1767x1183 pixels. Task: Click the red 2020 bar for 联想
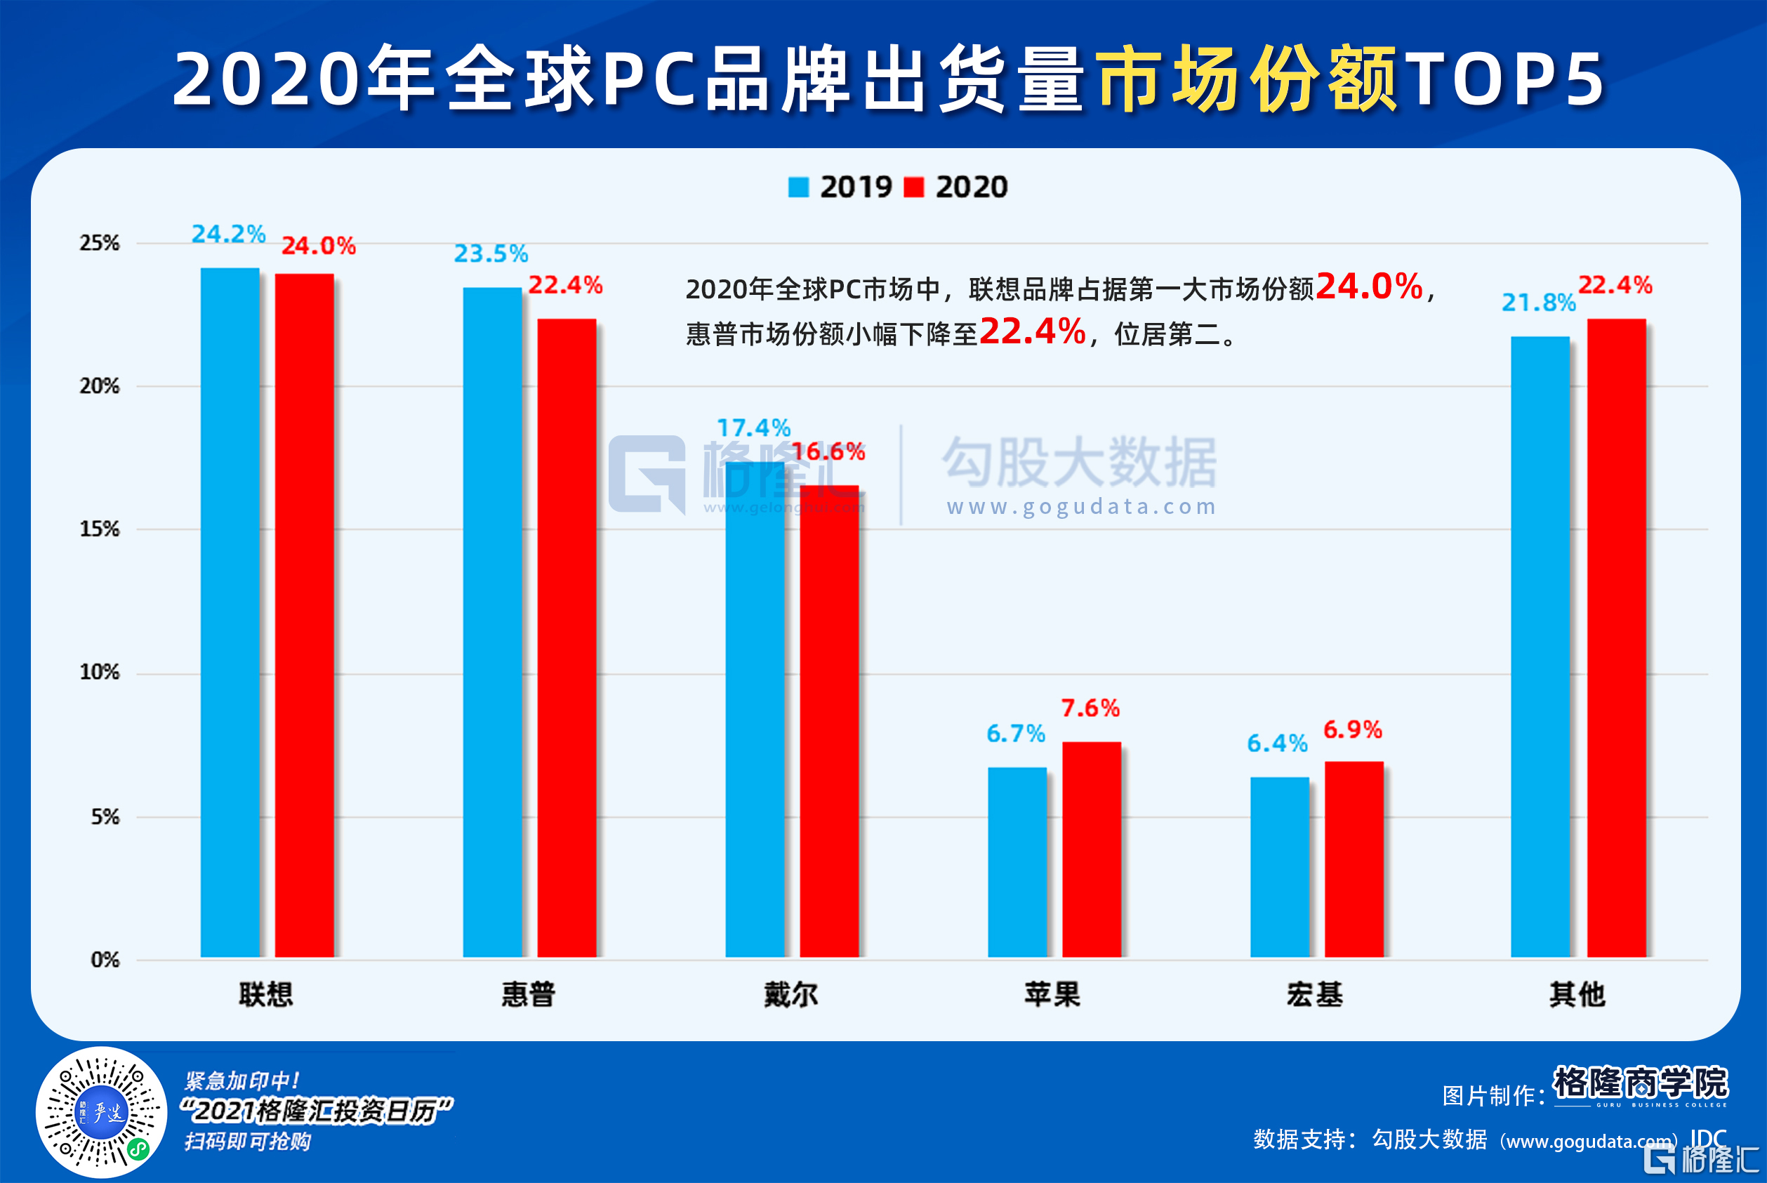click(x=304, y=615)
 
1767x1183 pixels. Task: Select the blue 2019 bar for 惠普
click(x=492, y=623)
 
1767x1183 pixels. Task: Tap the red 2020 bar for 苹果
click(x=1091, y=849)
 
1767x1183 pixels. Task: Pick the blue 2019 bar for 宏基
click(x=1279, y=867)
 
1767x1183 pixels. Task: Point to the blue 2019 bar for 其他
click(x=1540, y=647)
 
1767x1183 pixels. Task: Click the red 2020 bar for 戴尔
click(x=829, y=720)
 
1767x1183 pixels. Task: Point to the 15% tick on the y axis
click(x=100, y=529)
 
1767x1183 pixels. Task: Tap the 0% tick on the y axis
click(x=105, y=960)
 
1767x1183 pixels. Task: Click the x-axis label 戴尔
click(x=790, y=994)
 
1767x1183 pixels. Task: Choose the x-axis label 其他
click(x=1577, y=994)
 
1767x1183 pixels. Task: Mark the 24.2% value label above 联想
click(x=228, y=234)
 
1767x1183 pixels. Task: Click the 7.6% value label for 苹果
click(x=1090, y=708)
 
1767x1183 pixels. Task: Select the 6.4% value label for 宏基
click(x=1276, y=743)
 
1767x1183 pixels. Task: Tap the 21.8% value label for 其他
click(x=1538, y=303)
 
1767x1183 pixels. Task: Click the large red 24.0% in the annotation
click(x=1369, y=286)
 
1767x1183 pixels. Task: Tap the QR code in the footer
click(x=101, y=1111)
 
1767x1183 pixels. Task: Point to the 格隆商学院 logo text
click(x=1640, y=1082)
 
